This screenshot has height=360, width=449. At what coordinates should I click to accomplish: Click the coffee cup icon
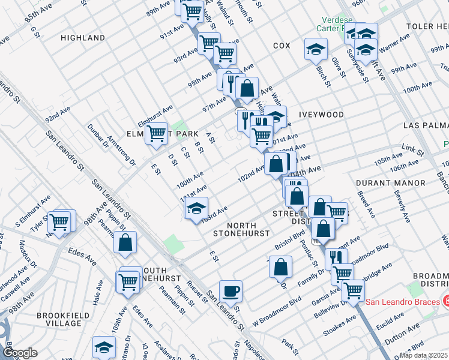(231, 292)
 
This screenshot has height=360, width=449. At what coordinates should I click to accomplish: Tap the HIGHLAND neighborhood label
(83, 38)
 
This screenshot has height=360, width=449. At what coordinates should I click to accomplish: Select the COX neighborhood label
(282, 46)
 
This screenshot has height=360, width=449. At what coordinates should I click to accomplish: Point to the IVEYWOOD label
(323, 115)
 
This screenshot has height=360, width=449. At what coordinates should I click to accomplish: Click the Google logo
(20, 353)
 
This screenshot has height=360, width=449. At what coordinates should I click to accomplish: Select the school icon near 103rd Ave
(196, 209)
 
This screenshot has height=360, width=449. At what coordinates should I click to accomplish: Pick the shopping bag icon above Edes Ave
(125, 242)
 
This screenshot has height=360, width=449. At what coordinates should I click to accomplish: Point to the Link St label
(412, 147)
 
